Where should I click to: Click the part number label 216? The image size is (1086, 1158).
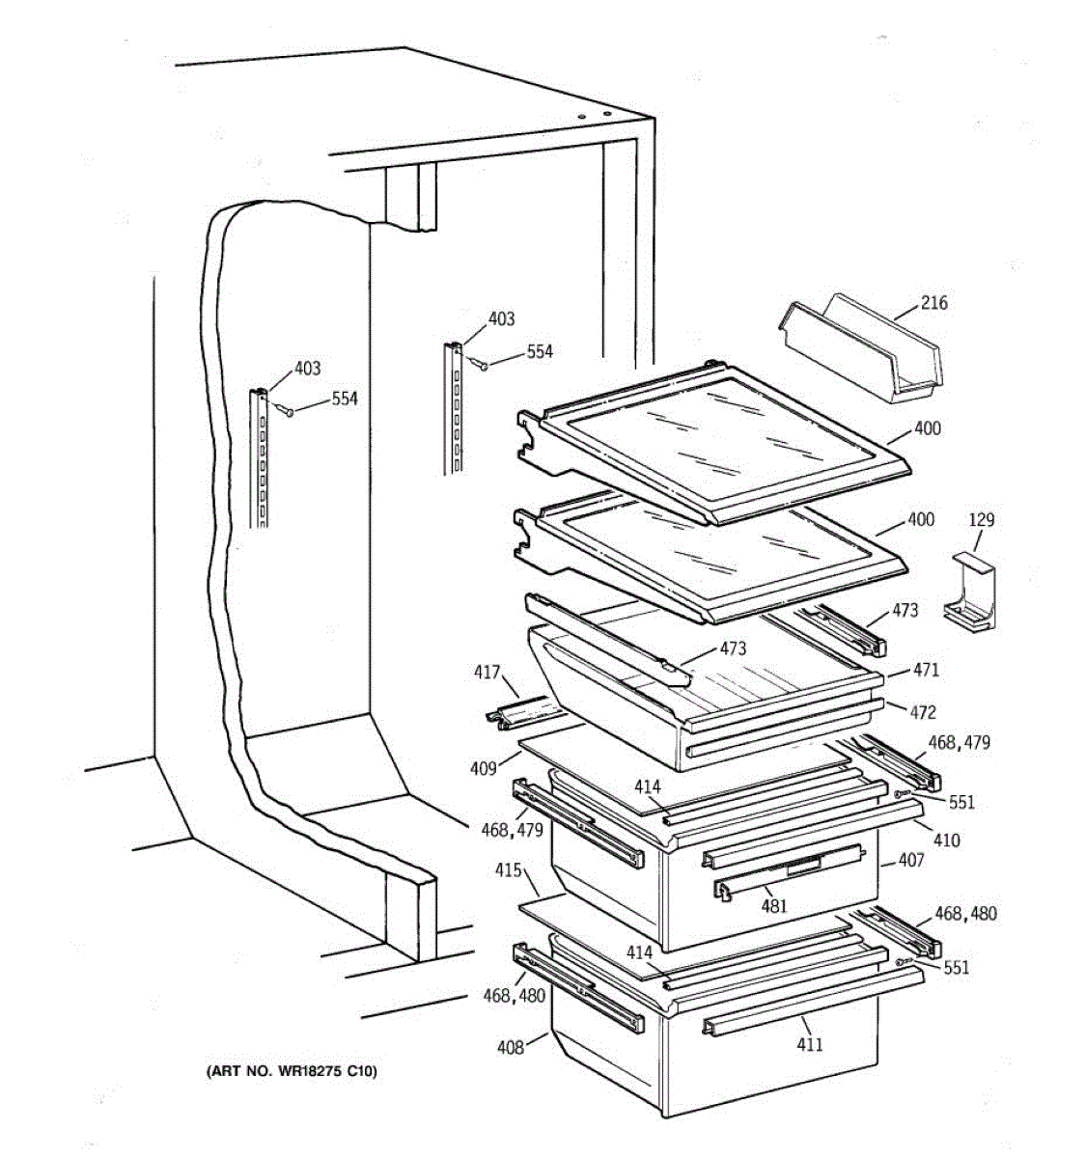click(933, 303)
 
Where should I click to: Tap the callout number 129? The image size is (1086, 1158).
click(982, 520)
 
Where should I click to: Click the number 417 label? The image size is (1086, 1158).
click(487, 672)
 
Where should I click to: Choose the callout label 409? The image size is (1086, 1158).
click(484, 769)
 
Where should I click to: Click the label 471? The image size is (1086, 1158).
click(926, 670)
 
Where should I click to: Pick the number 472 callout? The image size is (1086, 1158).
click(923, 712)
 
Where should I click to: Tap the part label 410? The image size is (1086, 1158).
click(946, 841)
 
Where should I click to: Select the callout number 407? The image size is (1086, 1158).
click(911, 860)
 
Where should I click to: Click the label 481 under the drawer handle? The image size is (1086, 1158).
click(774, 906)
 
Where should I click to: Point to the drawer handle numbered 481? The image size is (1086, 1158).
click(763, 886)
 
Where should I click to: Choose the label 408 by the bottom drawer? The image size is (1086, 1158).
click(511, 1046)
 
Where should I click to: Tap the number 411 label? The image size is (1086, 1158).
click(810, 1044)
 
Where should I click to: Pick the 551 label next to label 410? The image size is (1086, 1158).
click(961, 802)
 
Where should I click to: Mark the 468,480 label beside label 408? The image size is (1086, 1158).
click(515, 995)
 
